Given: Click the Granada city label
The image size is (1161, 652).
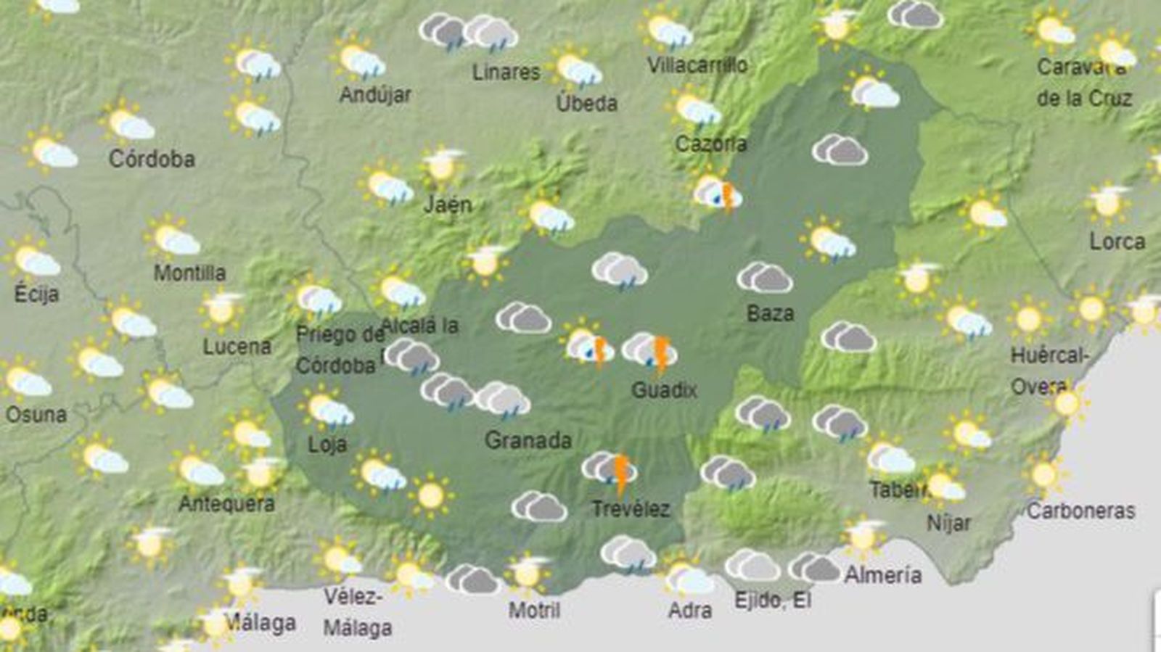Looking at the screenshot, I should tap(528, 440).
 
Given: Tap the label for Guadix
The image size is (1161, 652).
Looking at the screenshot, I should tap(664, 390).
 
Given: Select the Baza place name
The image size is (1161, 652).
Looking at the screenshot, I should tap(770, 313).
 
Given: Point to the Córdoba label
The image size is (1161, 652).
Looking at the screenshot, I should tap(152, 159).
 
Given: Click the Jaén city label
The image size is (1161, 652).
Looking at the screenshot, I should tap(448, 205).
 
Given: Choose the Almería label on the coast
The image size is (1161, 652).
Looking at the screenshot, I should tap(883, 575).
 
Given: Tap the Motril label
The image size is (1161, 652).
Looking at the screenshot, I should tap(534, 610).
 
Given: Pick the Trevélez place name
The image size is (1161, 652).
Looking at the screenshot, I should tap(631, 508).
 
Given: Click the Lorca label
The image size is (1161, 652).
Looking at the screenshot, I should tap(1117, 242).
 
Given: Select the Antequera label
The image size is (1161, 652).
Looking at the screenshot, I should tap(226, 503).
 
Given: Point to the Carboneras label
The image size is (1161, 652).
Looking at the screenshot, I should tap(1080, 511).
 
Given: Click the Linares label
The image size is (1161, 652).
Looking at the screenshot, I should tap(506, 72).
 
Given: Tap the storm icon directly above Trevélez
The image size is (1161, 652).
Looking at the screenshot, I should tap(610, 469).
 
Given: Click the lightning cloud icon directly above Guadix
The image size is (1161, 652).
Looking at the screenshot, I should tap(650, 351).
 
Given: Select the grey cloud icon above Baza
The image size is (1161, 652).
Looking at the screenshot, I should tap(765, 277).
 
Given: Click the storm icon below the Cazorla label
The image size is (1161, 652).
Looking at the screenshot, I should tap(718, 194).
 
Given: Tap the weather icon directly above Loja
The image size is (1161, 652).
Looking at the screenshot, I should tap(327, 409).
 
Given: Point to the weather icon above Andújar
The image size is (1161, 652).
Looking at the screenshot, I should tap(361, 61).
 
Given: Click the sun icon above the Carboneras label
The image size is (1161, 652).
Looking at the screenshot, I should tap(1045, 475).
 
